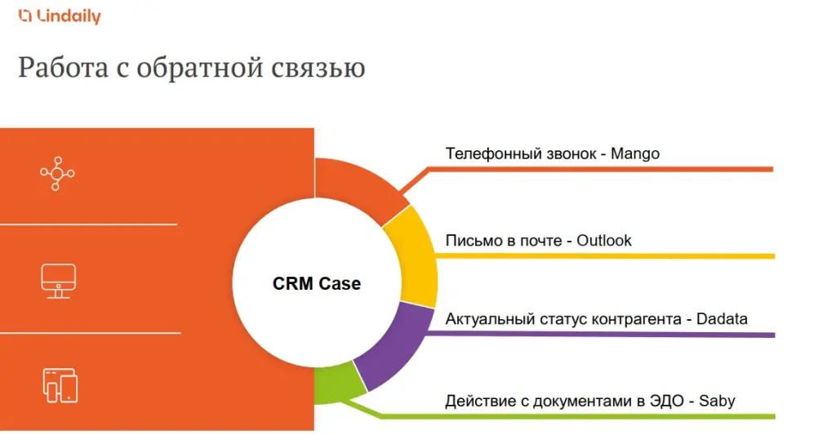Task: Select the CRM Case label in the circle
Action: click(316, 284)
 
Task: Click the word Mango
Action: click(635, 153)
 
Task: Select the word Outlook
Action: click(604, 241)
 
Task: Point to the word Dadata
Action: click(722, 319)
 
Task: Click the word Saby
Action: click(716, 401)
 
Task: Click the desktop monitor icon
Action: click(58, 280)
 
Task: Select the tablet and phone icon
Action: click(60, 384)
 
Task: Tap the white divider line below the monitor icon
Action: click(90, 332)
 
